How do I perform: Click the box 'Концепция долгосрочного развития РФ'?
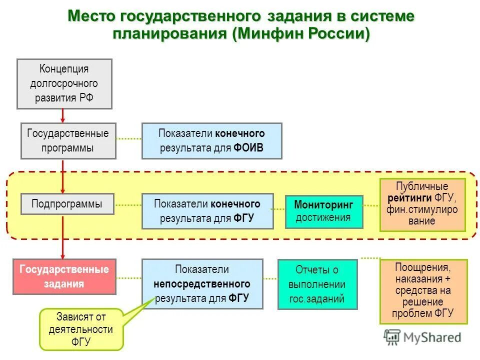click(x=64, y=83)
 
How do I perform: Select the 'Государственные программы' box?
click(x=68, y=140)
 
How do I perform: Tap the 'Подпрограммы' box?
click(x=67, y=204)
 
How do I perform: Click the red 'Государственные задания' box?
click(x=64, y=276)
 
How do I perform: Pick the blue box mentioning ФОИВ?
click(x=211, y=140)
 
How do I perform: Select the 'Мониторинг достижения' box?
click(x=323, y=211)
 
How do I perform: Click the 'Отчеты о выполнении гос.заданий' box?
click(x=317, y=284)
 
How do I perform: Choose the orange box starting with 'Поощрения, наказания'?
click(x=423, y=291)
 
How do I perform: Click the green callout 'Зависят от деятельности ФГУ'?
click(x=81, y=329)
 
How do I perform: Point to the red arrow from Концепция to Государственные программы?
click(x=63, y=115)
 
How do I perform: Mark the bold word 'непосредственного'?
click(x=202, y=284)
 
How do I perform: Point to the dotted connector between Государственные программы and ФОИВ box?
click(x=128, y=139)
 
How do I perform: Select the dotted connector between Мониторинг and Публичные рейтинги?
click(x=371, y=205)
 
